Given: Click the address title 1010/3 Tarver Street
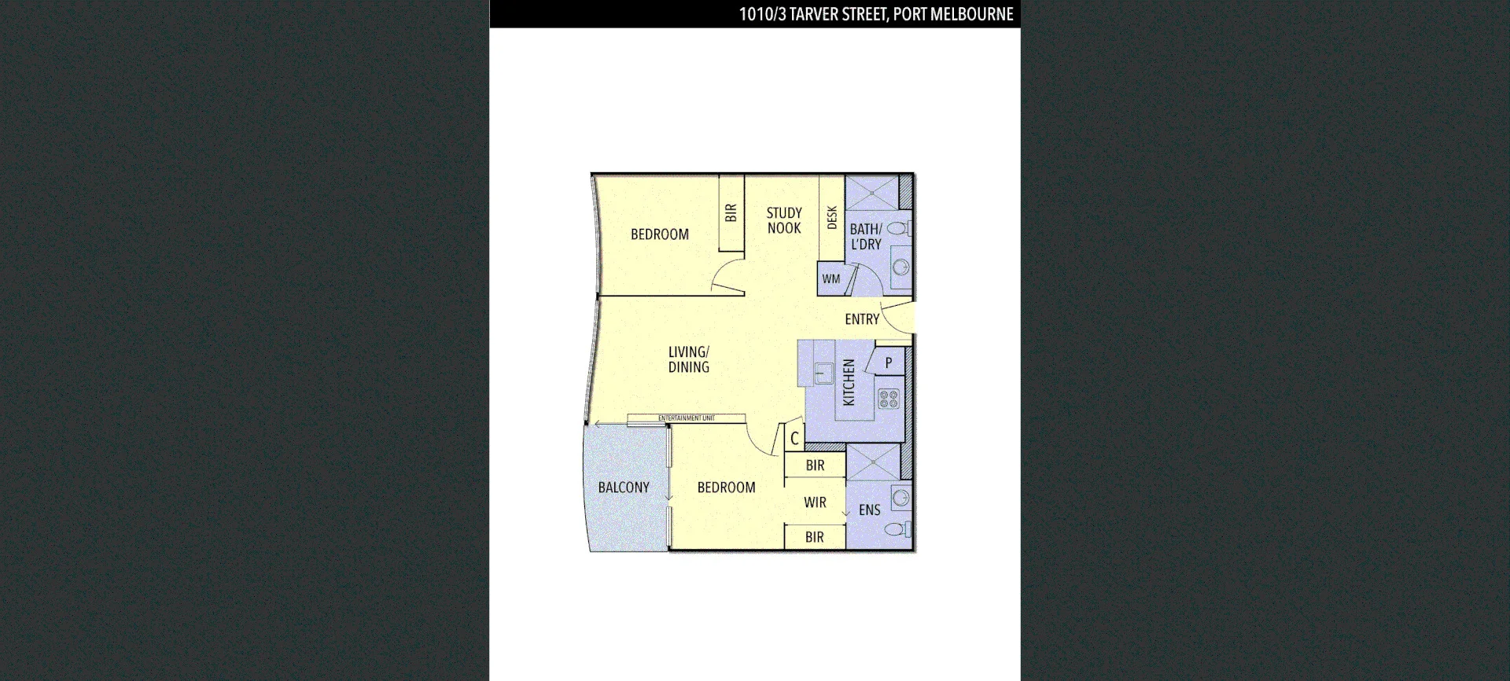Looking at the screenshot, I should tap(875, 14).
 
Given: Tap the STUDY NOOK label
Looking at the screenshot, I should tap(784, 221).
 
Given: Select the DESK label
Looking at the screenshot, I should tap(832, 218).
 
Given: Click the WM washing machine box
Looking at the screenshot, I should tap(831, 279).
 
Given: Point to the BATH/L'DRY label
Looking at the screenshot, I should tap(866, 237).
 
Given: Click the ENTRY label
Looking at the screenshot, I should tap(862, 319).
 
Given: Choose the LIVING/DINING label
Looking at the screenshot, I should tap(689, 359).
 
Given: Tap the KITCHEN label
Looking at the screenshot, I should tap(849, 382).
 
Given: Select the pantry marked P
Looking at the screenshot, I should tap(889, 363).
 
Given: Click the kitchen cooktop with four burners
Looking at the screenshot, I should tap(889, 399).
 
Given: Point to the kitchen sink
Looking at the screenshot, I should tap(823, 371).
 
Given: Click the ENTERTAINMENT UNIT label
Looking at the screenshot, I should tap(687, 418).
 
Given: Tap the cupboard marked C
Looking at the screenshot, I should tap(794, 439).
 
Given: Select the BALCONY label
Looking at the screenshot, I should tap(624, 488).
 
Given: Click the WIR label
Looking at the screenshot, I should tap(815, 502).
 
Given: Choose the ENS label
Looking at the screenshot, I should tap(869, 510).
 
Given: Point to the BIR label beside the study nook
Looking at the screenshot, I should tap(731, 213).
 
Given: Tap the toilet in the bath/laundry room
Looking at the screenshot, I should tap(898, 228).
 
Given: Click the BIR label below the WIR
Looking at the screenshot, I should tap(815, 537).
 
